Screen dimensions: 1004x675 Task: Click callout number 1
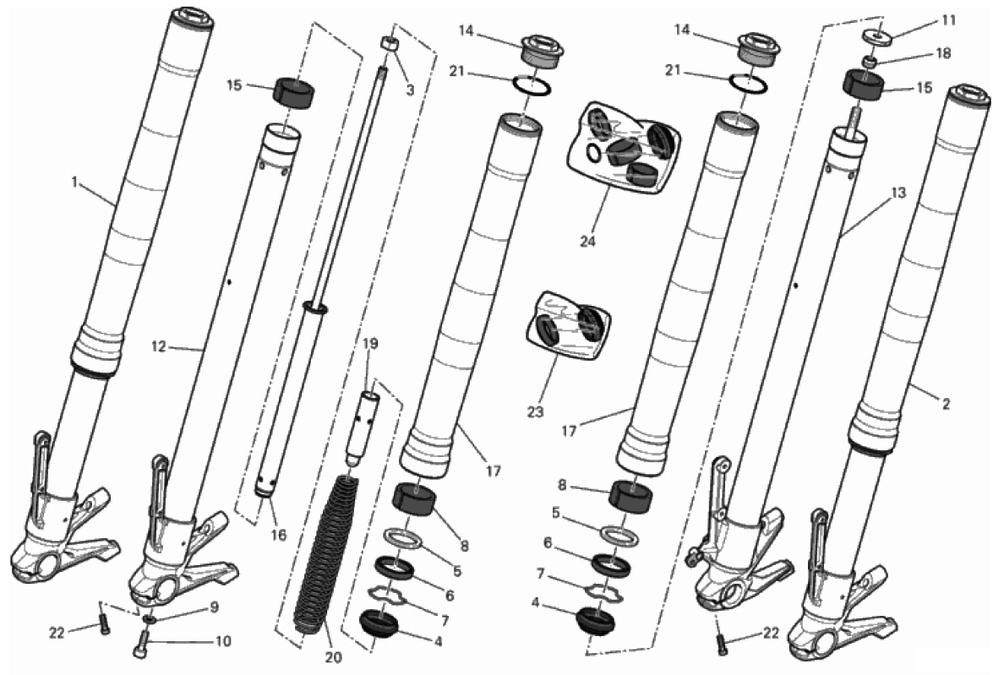[x=74, y=183]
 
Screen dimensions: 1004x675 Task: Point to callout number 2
[x=946, y=404]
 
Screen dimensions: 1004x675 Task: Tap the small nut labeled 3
[x=389, y=44]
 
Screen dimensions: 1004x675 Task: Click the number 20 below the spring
[x=334, y=657]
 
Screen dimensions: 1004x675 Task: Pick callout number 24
[x=587, y=242]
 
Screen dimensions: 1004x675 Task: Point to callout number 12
[x=158, y=346]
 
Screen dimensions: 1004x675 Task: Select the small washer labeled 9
[x=149, y=619]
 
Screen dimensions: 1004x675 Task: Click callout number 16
[x=279, y=535]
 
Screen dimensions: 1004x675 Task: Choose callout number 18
[x=943, y=53]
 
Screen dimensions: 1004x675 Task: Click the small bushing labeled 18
[x=868, y=62]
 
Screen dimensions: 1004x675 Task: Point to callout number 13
[x=898, y=193]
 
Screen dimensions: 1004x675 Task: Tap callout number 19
[x=370, y=344]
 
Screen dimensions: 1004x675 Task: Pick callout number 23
[x=535, y=411]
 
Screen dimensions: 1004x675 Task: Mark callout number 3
[x=410, y=90]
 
